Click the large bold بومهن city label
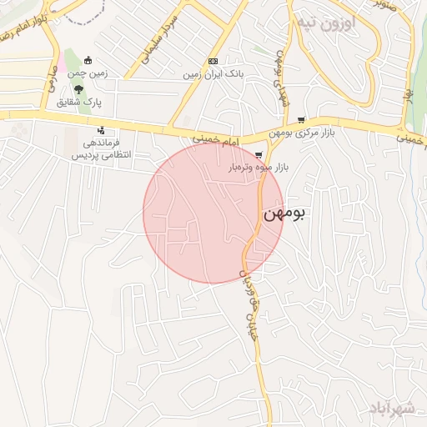284,213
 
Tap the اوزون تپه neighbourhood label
327,23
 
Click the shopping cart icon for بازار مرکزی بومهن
300,120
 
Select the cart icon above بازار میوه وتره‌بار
259,154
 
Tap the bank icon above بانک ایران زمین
213,61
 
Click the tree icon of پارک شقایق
78,89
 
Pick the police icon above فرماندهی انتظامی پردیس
101,130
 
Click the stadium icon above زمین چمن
89,59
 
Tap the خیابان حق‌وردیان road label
248,300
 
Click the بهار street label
410,99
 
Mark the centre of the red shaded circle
213,213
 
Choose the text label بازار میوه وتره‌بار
259,168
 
